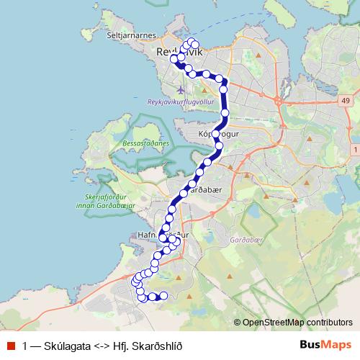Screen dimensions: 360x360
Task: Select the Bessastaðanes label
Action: [x=143, y=143]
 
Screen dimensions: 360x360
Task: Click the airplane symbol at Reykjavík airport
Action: [x=179, y=90]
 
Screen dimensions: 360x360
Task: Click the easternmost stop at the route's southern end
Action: [x=163, y=295]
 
